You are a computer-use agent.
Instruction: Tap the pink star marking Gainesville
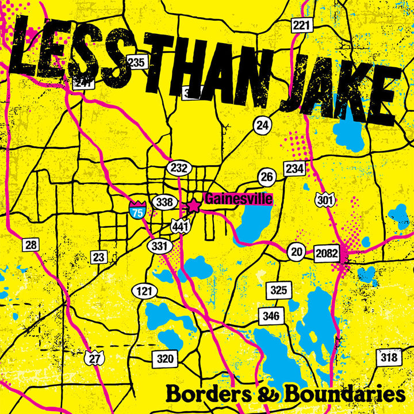[194, 205]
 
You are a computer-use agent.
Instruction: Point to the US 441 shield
[180, 226]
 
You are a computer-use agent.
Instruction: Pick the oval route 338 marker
[164, 202]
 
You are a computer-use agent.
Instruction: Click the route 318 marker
[389, 358]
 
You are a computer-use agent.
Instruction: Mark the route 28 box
[31, 245]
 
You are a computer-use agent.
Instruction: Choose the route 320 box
[164, 359]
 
